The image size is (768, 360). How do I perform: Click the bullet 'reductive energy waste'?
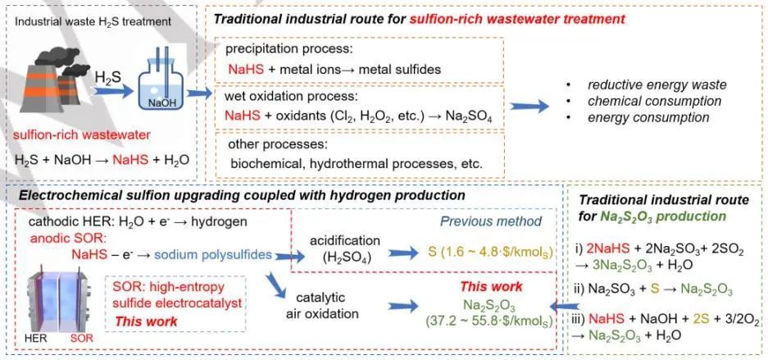657,85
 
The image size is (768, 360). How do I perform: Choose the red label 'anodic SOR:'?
60,239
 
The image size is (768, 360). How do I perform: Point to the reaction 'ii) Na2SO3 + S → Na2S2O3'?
661,289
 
